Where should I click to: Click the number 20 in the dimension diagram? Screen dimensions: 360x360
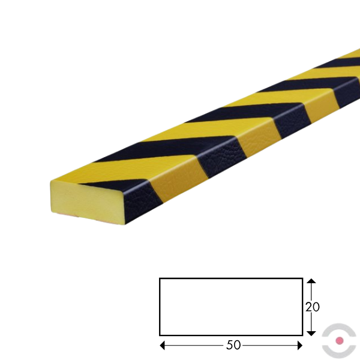click(312, 307)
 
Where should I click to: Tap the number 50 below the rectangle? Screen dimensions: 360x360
click(233, 345)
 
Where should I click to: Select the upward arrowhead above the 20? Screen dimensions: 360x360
click(311, 281)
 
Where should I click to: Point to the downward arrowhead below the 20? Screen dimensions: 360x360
click(311, 334)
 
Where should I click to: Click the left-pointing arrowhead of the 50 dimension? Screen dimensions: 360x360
click(162, 346)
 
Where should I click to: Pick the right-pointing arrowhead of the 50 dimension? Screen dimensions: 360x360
click(300, 346)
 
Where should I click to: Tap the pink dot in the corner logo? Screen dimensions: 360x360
click(340, 340)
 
